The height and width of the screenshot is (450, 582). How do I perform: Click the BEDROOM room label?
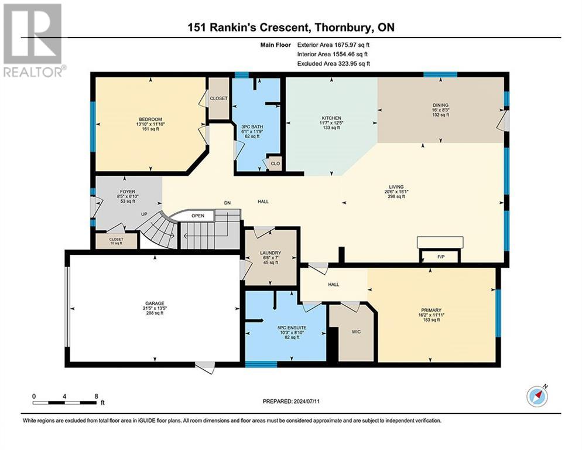click(x=150, y=120)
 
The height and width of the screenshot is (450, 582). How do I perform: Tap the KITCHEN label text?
click(x=331, y=118)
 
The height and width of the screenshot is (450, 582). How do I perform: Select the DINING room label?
click(x=440, y=105)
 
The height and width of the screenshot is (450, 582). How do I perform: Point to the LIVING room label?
click(x=396, y=187)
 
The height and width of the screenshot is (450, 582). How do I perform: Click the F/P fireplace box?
click(x=441, y=257)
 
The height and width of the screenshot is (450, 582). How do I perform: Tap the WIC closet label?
click(x=356, y=332)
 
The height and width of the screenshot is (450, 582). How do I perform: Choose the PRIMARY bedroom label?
click(x=431, y=311)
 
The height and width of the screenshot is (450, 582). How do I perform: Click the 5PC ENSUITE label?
click(x=292, y=328)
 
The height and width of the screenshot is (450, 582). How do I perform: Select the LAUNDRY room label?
click(x=271, y=253)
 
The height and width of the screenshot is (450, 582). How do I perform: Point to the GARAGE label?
click(x=155, y=304)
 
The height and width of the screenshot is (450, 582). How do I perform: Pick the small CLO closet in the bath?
click(x=275, y=163)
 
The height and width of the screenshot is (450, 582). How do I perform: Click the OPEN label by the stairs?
click(x=198, y=216)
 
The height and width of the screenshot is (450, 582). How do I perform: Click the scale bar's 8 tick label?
click(x=96, y=396)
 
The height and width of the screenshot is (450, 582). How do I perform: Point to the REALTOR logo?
click(x=33, y=40)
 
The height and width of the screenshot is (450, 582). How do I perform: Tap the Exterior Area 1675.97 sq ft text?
click(x=333, y=45)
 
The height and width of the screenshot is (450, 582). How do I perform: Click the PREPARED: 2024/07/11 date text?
click(x=291, y=401)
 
